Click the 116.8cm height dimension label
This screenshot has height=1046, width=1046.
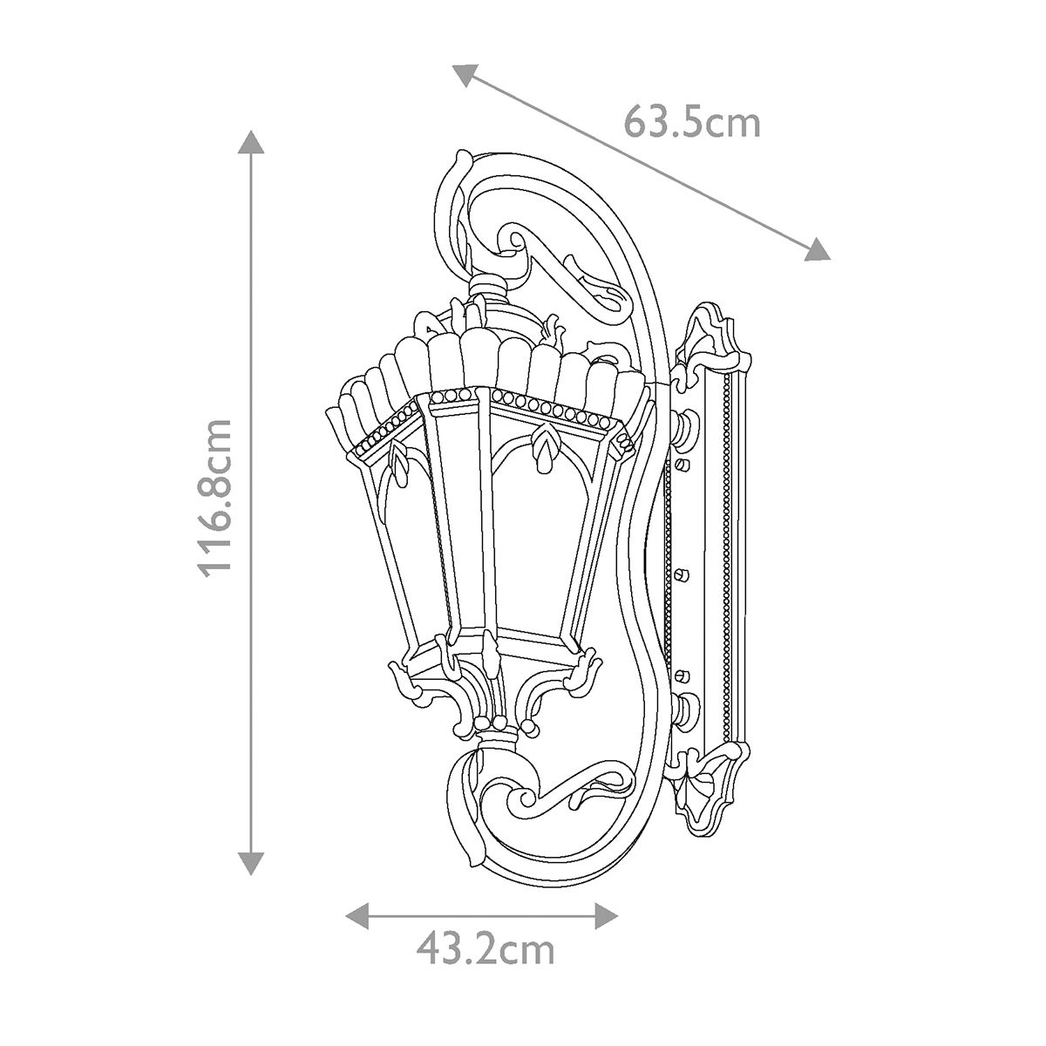point(214,497)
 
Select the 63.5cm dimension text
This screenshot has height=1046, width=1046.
point(692,123)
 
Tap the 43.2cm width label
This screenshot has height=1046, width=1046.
point(485,948)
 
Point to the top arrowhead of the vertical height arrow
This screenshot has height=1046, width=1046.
point(251,142)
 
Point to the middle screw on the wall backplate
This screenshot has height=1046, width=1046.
point(683,573)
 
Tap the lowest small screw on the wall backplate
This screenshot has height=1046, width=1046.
point(683,673)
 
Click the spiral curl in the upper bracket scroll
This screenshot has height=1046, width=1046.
point(514,239)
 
